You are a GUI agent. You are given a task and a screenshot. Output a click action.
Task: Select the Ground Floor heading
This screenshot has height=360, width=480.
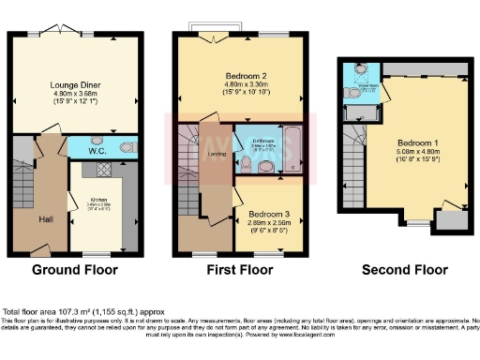(x=75, y=270)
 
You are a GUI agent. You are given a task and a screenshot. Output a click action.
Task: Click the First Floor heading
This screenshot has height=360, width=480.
(x=240, y=270)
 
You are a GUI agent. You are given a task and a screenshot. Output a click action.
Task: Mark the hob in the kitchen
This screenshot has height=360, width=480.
(x=96, y=172)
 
